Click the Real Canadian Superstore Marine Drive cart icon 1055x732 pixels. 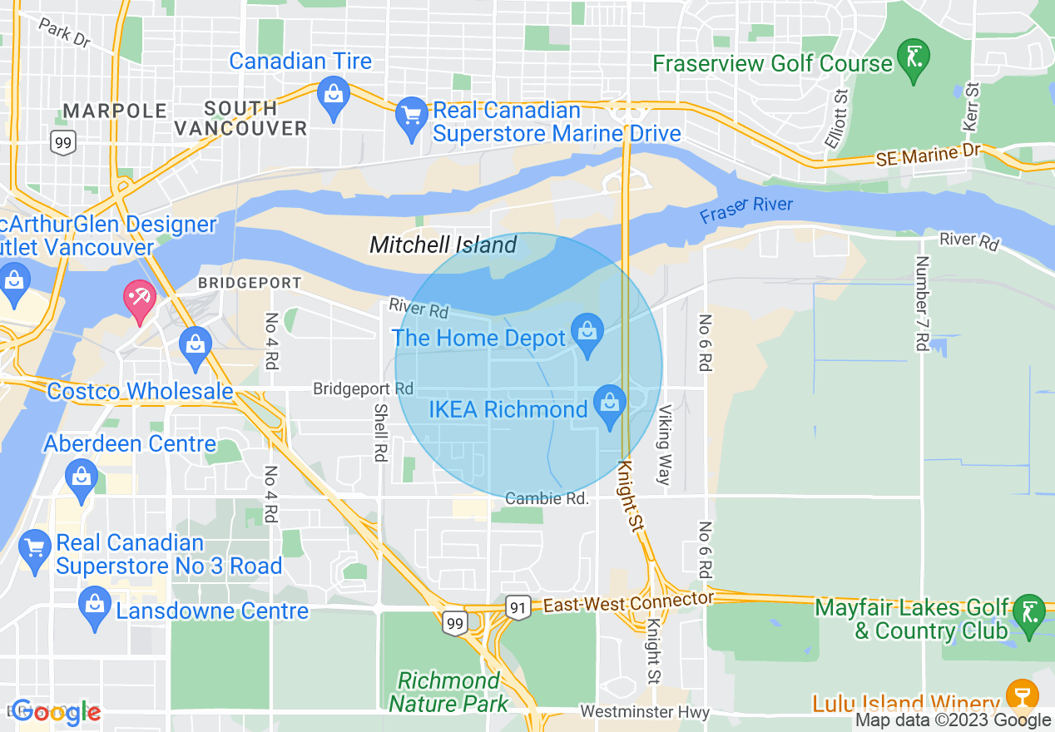click(411, 115)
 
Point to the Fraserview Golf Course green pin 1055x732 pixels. click(914, 59)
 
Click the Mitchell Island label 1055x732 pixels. click(443, 245)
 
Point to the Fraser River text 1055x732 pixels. click(745, 210)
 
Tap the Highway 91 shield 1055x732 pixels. click(518, 608)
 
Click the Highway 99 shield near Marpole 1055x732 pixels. click(62, 141)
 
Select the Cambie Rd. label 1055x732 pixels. click(547, 498)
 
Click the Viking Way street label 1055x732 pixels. click(663, 444)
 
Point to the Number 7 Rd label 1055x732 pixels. click(921, 303)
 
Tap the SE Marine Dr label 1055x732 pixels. click(929, 155)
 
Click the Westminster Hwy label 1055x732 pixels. click(645, 712)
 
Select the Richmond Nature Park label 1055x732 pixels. click(448, 692)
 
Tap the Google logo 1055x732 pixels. click(56, 712)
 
